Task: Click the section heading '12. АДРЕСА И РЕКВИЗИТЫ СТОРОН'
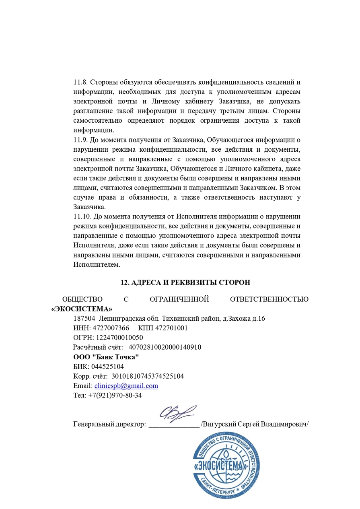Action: pyautogui.click(x=185, y=282)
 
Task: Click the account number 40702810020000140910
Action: pyautogui.click(x=165, y=347)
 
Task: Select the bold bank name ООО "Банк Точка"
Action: pyautogui.click(x=106, y=357)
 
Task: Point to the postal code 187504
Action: pyautogui.click(x=84, y=319)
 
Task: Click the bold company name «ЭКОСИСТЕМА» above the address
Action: pyautogui.click(x=82, y=309)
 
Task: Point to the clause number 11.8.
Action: pyautogui.click(x=80, y=82)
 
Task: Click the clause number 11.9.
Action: pyautogui.click(x=80, y=140)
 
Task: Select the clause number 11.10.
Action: pyautogui.click(x=82, y=217)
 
